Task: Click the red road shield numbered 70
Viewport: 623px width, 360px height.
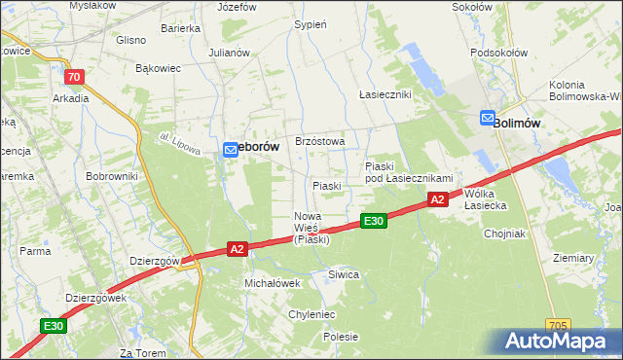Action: [73, 76]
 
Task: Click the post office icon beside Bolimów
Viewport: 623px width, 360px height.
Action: [487, 119]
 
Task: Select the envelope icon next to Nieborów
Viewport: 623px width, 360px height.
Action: [230, 149]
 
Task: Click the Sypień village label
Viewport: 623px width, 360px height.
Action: [310, 24]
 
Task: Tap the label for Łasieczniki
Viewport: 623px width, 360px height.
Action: [385, 94]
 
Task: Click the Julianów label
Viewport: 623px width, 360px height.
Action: [230, 53]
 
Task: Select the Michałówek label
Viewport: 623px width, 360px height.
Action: [271, 282]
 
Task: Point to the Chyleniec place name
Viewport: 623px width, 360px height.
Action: [311, 314]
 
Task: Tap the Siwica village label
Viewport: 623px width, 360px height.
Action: [344, 274]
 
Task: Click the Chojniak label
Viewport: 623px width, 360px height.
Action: [504, 234]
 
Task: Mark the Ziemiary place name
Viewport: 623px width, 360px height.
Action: [572, 258]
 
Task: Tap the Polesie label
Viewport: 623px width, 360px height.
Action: [341, 337]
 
